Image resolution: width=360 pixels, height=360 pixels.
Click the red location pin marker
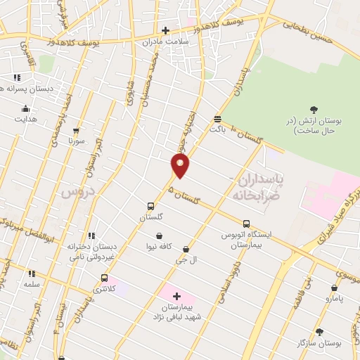[181, 165]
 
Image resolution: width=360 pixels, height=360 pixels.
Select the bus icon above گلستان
[150, 207]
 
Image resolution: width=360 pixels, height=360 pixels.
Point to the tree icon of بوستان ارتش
[314, 109]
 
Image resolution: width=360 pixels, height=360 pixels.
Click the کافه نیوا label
[160, 247]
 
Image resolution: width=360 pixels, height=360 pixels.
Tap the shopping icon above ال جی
[186, 249]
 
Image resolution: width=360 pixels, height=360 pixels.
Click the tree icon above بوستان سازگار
[319, 331]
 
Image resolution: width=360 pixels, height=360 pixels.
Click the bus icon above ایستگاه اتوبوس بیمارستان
[246, 224]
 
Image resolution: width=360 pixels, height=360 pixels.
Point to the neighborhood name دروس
[76, 191]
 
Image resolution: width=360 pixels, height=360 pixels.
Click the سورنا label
[75, 141]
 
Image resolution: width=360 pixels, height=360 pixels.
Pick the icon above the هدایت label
[26, 109]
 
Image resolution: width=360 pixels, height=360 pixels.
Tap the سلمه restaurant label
[31, 284]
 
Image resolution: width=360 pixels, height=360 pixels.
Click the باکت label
[217, 129]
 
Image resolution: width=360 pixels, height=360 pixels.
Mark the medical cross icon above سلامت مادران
[165, 30]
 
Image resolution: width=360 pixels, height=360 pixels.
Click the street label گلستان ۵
[184, 193]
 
